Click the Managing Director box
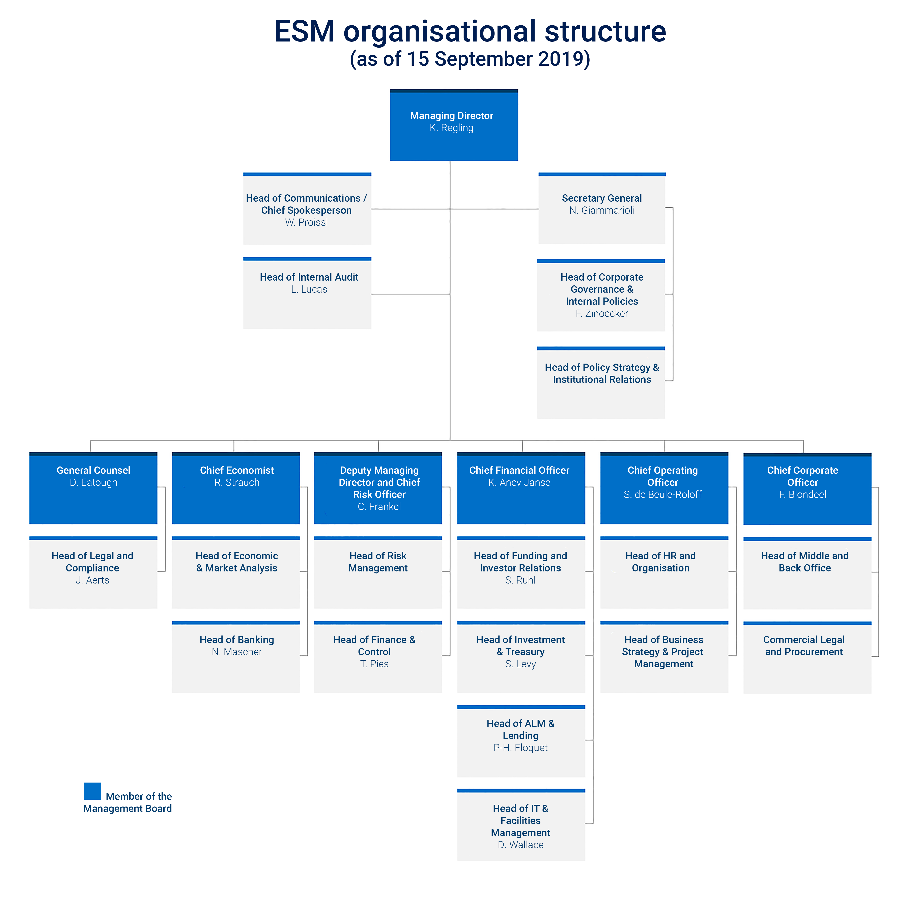point(454,125)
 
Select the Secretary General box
point(602,208)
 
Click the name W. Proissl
point(307,222)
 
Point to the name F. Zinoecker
point(602,313)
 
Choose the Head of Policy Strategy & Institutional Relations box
point(601,383)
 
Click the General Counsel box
point(93,488)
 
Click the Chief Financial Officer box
point(521,488)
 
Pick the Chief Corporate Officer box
point(807,489)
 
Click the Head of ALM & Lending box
point(521,741)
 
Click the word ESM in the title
point(305,31)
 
